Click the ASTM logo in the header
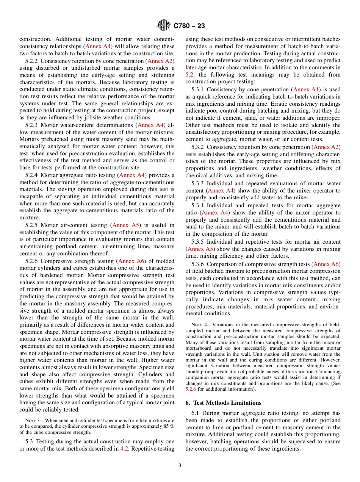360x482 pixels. (164, 25)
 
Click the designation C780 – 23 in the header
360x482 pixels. (189, 26)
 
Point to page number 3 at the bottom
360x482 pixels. (180, 465)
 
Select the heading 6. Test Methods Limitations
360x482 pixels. (224, 403)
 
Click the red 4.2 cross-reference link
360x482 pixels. (124, 449)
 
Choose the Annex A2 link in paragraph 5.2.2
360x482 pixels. (160, 61)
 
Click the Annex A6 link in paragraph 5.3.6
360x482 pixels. (326, 264)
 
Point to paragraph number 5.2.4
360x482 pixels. (32, 175)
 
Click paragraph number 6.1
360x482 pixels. (196, 413)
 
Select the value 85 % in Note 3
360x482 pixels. (167, 426)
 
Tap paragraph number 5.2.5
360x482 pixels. (32, 225)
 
